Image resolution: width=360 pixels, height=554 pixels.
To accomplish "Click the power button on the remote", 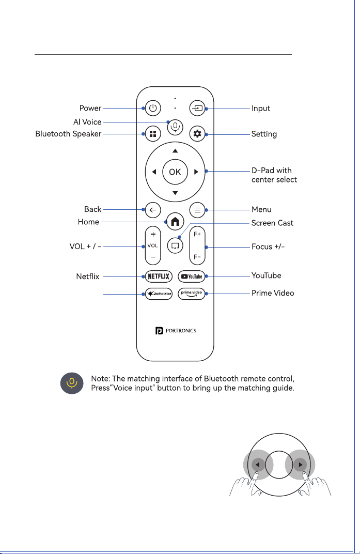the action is tap(152, 108).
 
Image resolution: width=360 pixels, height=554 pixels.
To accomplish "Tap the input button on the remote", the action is tap(197, 108).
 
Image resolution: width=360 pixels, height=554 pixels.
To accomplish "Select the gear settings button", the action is tap(197, 133).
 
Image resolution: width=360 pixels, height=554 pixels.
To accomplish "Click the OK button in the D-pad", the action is tap(175, 172).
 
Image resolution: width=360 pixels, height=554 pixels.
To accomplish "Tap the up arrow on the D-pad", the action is tap(175, 151).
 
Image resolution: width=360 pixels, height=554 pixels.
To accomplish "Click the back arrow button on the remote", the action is tap(152, 210).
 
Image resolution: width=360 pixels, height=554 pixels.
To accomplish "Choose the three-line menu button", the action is tap(197, 210).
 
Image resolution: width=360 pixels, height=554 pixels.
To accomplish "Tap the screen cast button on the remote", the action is tap(175, 245).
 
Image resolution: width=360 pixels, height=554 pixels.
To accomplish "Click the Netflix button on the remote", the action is tap(159, 276).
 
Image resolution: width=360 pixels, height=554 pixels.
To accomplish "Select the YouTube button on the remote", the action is tap(192, 276).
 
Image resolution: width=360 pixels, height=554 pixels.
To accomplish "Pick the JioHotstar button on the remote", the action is tap(159, 294).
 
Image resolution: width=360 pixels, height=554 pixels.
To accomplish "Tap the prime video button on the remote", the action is tap(192, 294).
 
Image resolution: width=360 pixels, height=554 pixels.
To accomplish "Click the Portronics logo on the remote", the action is tap(176, 331).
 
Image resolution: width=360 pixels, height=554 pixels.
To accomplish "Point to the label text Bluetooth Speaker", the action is tap(68, 134).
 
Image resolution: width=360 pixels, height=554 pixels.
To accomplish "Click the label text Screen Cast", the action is tap(272, 223).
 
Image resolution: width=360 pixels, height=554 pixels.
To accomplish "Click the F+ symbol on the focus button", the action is tap(197, 234).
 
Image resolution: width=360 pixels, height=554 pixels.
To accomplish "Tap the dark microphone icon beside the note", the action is tap(72, 383).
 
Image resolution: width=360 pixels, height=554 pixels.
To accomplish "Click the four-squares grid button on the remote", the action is tap(152, 133).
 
